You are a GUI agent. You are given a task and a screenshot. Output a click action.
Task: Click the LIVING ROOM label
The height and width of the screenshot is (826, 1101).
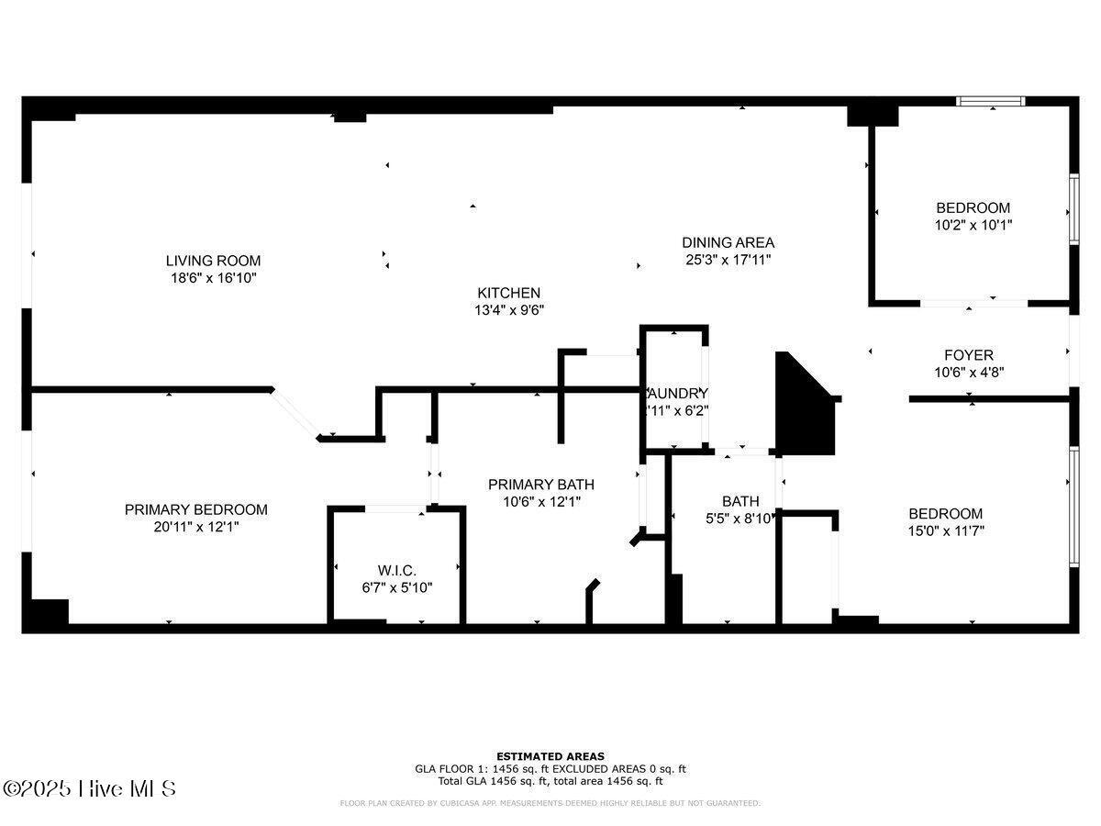coord(213,260)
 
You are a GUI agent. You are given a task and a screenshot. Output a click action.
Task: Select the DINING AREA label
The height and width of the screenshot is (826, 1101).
coord(728,242)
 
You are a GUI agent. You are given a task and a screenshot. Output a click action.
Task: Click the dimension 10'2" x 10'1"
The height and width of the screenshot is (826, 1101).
coord(973,224)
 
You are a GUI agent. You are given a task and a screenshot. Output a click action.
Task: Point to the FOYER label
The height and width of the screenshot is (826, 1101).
coord(969,355)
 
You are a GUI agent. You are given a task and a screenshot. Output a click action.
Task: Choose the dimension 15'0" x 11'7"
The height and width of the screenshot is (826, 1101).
coord(945,530)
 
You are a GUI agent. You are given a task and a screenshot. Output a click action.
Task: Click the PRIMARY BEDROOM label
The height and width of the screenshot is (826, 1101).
coord(196,509)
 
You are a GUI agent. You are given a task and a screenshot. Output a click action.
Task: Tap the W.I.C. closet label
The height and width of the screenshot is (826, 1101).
coord(397,570)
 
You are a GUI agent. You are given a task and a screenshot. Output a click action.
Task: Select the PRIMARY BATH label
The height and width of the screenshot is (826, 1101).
coord(540,485)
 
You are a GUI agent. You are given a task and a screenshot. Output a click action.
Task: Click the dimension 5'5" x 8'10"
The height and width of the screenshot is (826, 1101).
coord(740,518)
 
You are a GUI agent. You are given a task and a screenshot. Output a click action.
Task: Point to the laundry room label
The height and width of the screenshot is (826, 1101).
coord(677,393)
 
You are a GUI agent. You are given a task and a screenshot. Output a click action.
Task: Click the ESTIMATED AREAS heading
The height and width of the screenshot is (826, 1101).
coord(550,756)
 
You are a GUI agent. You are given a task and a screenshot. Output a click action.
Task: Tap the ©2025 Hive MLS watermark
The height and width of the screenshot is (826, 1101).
coord(89,788)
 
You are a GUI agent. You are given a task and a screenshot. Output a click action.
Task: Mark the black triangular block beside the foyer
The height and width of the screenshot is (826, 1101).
coord(802,408)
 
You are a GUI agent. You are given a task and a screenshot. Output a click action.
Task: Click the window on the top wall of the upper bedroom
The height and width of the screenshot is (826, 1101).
coord(991,101)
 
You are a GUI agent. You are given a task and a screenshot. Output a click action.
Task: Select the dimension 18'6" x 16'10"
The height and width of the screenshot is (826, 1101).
coord(213,277)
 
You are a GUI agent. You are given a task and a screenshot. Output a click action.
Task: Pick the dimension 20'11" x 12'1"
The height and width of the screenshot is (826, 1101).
coord(196,527)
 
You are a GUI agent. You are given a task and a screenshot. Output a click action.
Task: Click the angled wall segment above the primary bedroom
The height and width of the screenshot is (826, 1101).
coord(295,412)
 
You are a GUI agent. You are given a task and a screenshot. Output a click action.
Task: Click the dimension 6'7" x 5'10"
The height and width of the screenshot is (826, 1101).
coord(397,587)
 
